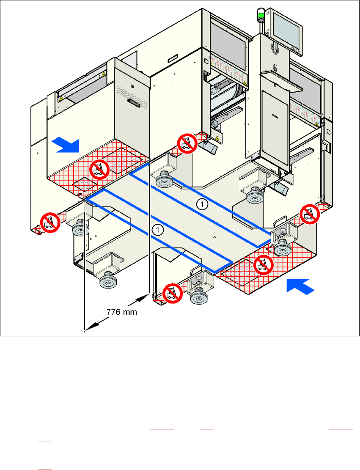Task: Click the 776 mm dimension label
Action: click(121, 313)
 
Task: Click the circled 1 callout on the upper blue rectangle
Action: click(203, 204)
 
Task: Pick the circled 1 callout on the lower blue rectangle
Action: click(158, 230)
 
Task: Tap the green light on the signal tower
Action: click(261, 16)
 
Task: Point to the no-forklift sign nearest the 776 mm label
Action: click(172, 292)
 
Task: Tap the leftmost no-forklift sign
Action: click(49, 222)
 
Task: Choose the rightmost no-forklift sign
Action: click(310, 214)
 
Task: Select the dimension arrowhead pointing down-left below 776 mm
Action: click(92, 327)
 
